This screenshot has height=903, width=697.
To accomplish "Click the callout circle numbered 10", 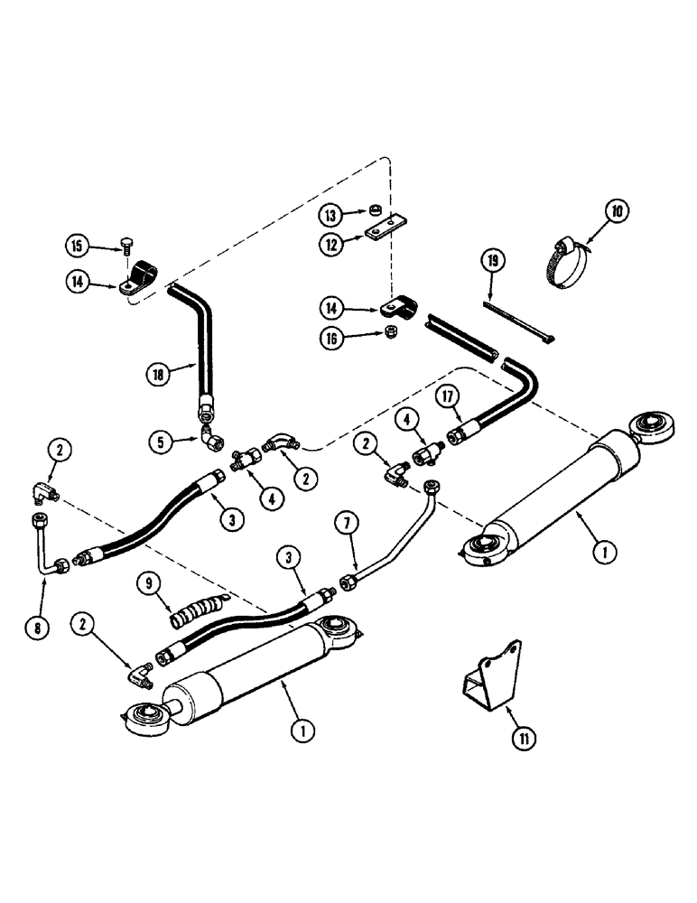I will point(616,213).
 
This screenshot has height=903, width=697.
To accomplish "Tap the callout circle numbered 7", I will point(342,521).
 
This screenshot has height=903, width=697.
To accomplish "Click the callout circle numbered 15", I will point(79,245).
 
